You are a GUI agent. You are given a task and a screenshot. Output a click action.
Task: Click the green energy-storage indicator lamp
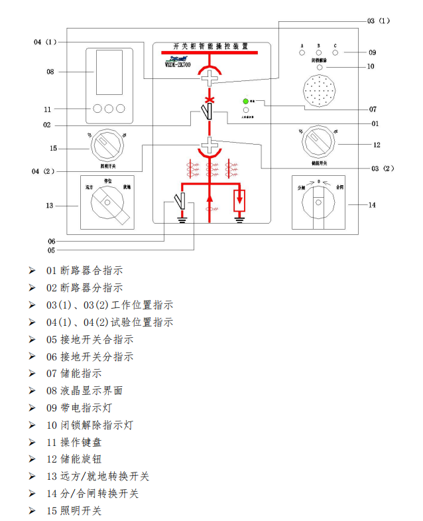[x=246, y=101]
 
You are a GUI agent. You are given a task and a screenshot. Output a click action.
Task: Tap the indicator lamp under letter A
[x=302, y=52]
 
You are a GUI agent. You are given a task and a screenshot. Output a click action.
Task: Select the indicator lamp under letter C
[x=335, y=52]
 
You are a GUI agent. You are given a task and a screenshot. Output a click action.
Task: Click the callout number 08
[x=49, y=71]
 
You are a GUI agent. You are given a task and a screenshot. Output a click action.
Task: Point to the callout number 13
[x=49, y=206]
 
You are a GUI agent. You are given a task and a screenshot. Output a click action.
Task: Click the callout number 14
[x=372, y=205]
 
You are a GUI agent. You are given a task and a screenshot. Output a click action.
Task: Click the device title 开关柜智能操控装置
[x=210, y=46]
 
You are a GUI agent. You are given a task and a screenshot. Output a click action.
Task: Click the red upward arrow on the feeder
[x=210, y=197]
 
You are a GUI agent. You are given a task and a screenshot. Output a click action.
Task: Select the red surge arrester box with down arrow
[x=240, y=199]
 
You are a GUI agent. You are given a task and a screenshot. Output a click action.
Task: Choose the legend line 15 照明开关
[x=74, y=510]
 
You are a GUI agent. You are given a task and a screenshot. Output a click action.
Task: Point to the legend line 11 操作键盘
[x=74, y=442]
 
